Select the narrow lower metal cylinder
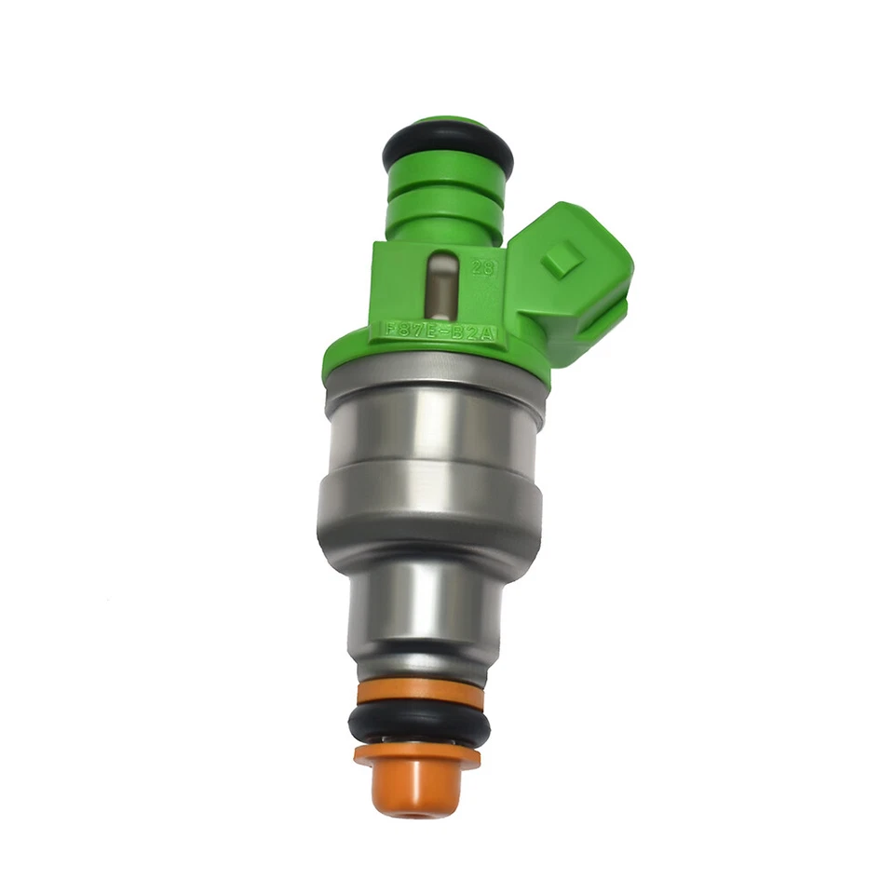pos(425,610)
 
